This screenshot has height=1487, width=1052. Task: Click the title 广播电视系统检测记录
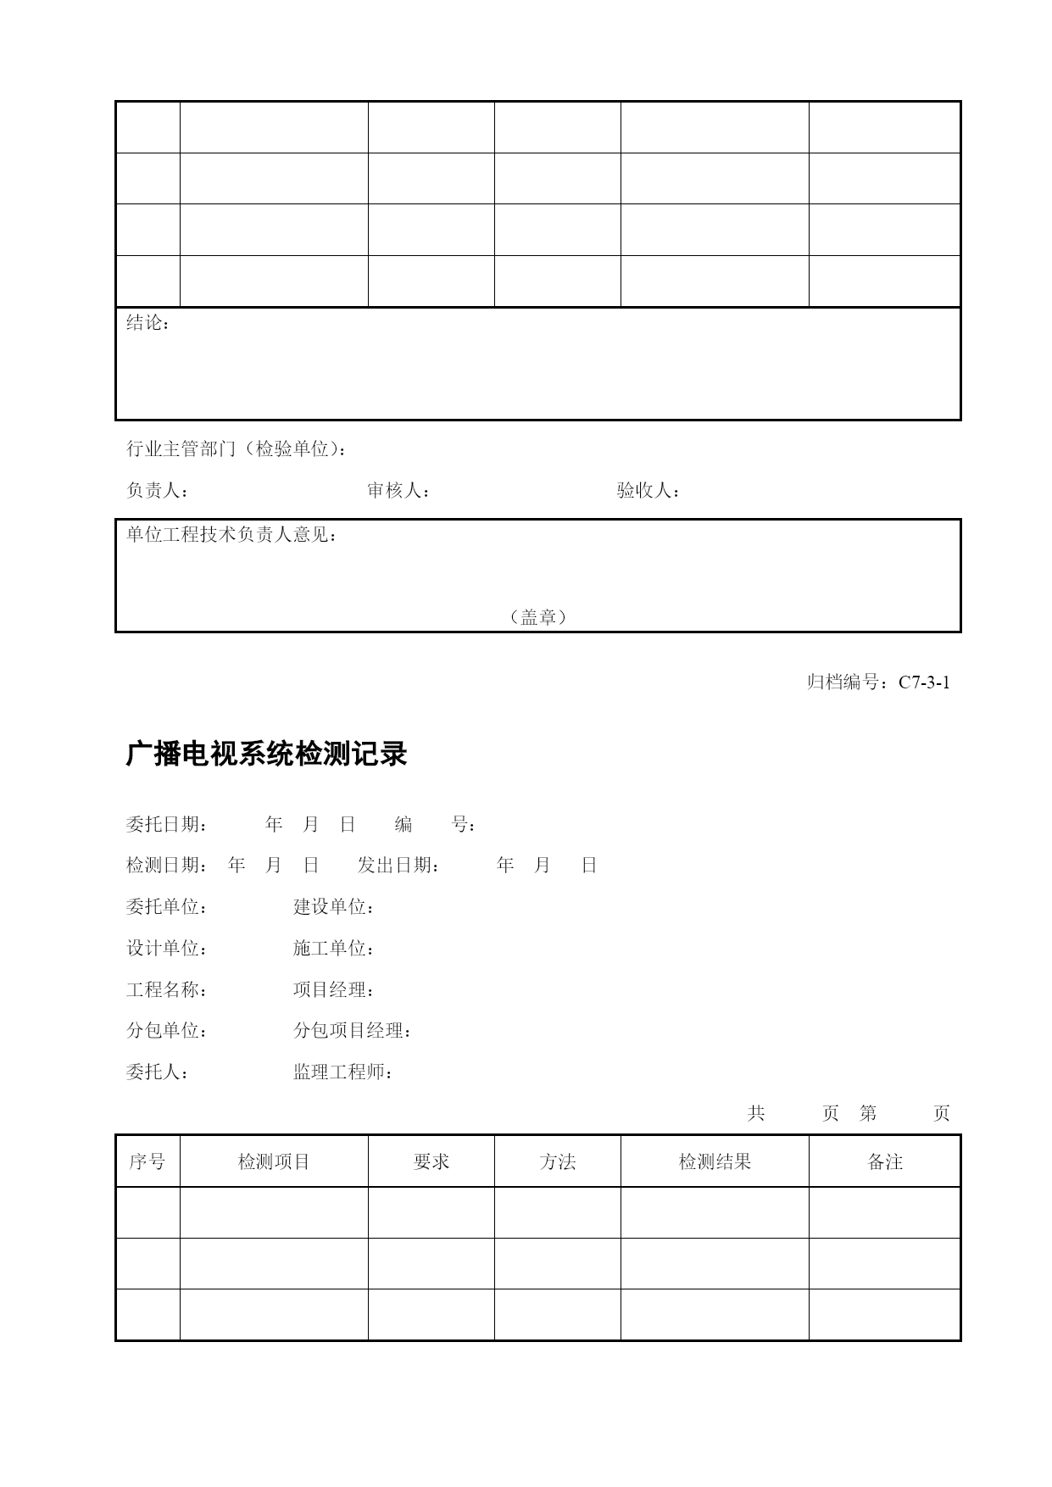tap(266, 754)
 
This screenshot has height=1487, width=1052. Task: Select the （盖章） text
tap(538, 617)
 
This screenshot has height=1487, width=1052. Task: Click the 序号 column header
tap(148, 1161)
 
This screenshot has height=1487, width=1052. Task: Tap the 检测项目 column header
tap(274, 1161)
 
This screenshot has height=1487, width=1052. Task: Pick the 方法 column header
tap(558, 1161)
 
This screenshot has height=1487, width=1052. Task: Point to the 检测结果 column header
tap(715, 1161)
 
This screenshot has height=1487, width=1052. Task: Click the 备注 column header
tap(885, 1161)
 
